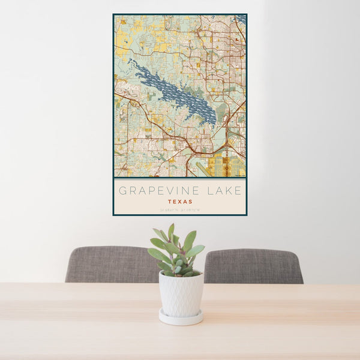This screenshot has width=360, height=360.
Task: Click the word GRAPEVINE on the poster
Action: [x=157, y=191]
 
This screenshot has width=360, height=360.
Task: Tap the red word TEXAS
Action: [x=180, y=202]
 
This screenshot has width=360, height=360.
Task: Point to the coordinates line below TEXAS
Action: [x=180, y=209]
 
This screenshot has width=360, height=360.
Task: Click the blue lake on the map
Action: [x=174, y=93]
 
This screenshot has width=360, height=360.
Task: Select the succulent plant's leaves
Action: [x=178, y=252]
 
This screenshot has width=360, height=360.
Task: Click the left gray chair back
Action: [x=111, y=264]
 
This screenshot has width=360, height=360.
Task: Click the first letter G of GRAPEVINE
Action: [x=122, y=191]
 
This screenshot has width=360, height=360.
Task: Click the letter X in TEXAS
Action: [x=180, y=202]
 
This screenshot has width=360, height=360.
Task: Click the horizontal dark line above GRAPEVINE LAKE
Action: [x=180, y=179]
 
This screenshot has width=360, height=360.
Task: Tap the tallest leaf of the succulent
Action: [x=171, y=231]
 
